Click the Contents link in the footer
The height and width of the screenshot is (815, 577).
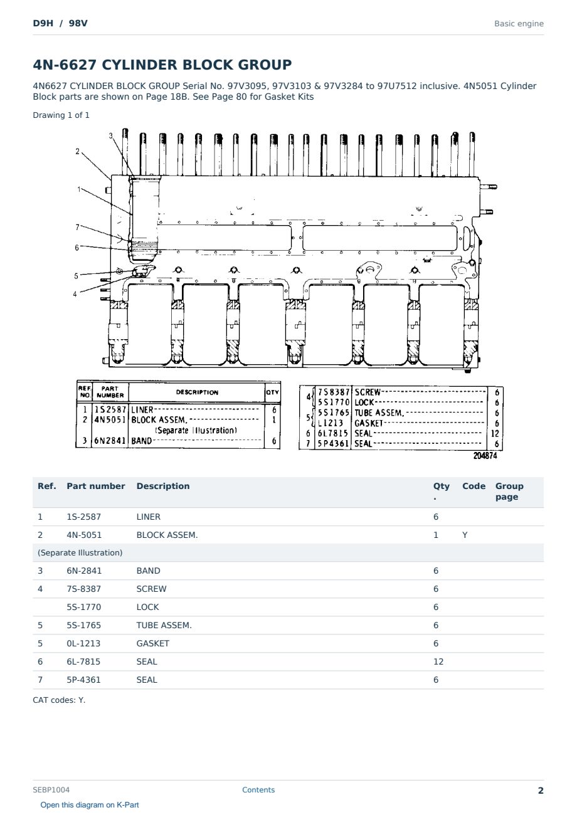[x=258, y=789]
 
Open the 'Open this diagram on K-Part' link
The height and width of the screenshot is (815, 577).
[x=90, y=804]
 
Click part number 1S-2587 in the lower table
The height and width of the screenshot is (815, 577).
[x=84, y=517]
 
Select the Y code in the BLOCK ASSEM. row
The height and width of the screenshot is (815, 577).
[x=465, y=535]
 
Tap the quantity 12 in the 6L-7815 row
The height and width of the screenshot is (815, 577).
[x=438, y=661]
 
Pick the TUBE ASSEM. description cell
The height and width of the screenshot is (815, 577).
[x=164, y=625]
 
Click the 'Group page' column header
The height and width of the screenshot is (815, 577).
[x=509, y=491]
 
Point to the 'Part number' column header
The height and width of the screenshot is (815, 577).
[x=96, y=486]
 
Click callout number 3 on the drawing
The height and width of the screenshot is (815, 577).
[x=110, y=135]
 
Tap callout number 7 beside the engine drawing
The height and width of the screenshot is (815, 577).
[x=77, y=228]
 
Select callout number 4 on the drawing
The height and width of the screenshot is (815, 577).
[x=75, y=294]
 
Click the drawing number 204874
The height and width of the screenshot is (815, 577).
[x=485, y=456]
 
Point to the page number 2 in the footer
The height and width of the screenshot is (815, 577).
[x=541, y=791]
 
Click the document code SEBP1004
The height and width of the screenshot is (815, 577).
[x=51, y=789]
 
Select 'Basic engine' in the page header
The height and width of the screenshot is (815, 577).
[x=519, y=24]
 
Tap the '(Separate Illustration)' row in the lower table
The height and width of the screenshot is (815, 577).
[x=80, y=553]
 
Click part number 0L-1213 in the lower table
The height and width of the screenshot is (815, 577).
[x=83, y=643]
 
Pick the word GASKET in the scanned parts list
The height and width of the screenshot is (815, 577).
[x=368, y=423]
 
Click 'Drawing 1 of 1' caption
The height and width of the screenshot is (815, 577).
[x=61, y=115]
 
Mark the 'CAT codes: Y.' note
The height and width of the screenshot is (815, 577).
[x=59, y=700]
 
